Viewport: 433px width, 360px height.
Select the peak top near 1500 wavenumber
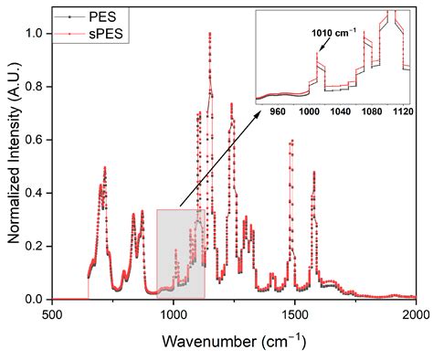(291, 141)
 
